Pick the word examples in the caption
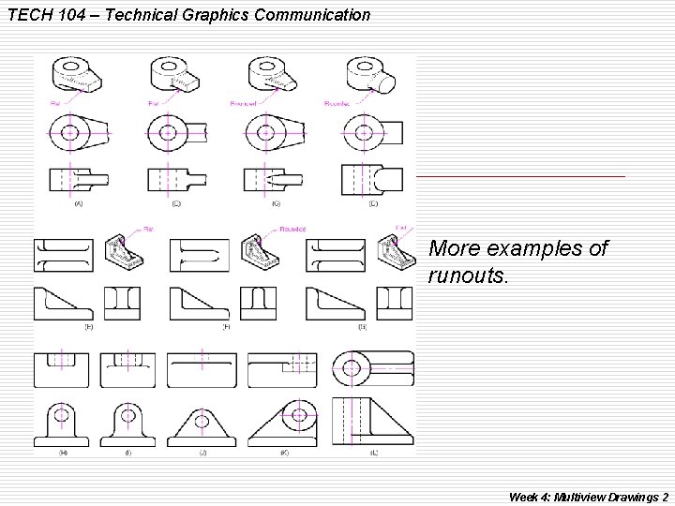537,250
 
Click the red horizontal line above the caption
520,176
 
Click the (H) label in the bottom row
63,453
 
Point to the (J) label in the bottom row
202,453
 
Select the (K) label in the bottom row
284,453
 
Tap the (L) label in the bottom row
373,453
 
